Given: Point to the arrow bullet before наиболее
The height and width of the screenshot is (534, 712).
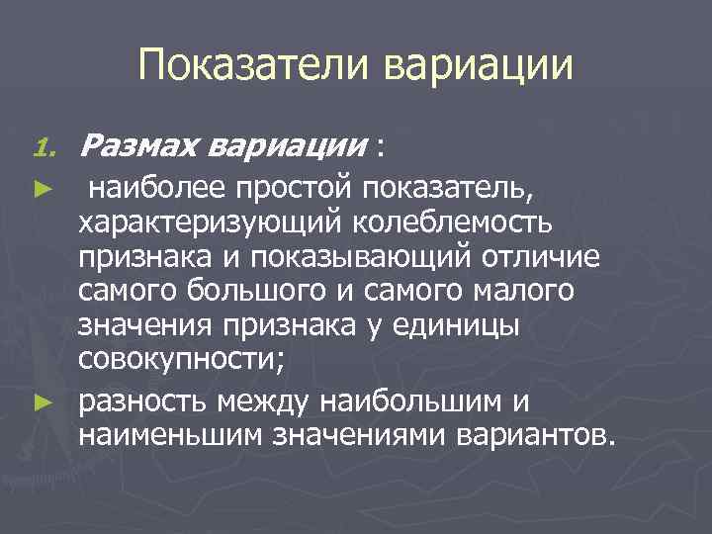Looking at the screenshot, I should (41, 187).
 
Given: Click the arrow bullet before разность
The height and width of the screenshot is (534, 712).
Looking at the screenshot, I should (41, 402).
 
